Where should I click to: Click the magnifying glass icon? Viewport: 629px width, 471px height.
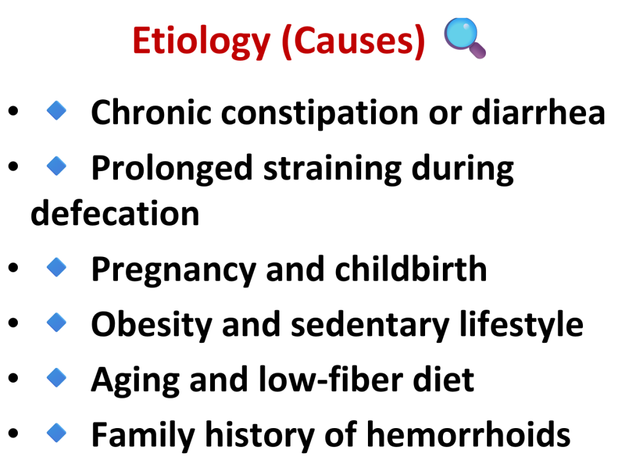[465, 39]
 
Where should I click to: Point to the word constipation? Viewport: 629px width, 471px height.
[320, 113]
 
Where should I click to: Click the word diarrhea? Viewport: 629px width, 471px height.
[538, 112]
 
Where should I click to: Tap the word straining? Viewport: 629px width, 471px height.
[332, 169]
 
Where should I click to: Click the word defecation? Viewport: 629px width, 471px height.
[115, 213]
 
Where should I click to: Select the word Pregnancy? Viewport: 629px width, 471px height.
[173, 270]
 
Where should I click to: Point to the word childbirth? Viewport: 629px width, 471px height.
[411, 269]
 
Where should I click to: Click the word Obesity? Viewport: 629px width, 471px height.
[152, 326]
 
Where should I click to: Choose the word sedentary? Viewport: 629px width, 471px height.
[370, 326]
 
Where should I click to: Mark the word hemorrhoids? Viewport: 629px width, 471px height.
[469, 435]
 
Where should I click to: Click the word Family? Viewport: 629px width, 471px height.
[143, 436]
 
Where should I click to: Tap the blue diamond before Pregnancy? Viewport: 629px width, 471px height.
[57, 267]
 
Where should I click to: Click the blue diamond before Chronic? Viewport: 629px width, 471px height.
[57, 110]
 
